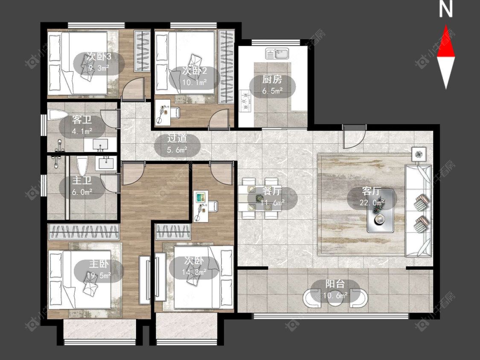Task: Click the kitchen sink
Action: (x=277, y=54)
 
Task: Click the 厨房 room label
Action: (x=272, y=80)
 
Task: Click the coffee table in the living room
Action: (x=381, y=211)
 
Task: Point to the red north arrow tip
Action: (x=446, y=26)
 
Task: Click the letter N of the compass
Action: (x=445, y=9)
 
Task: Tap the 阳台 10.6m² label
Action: (x=335, y=289)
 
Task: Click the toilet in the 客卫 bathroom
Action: (x=58, y=116)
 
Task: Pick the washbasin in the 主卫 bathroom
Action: (x=106, y=163)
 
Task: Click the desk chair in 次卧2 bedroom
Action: (x=175, y=112)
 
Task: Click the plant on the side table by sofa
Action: (x=419, y=154)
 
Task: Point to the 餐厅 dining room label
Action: (x=272, y=191)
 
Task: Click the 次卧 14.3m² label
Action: (x=194, y=266)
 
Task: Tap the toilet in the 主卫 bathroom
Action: (x=82, y=166)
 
